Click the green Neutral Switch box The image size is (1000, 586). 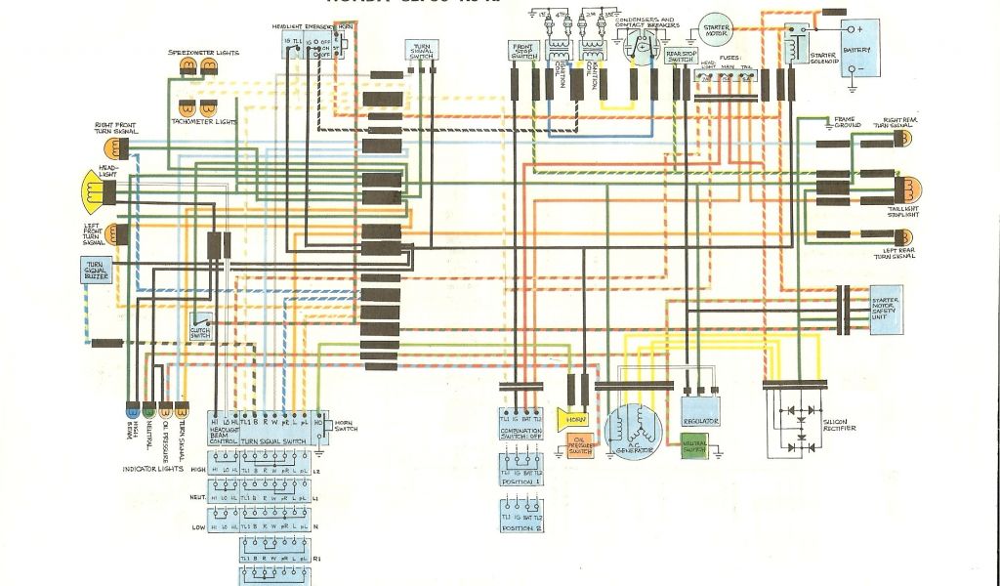tap(696, 447)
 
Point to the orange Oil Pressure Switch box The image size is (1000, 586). tap(579, 447)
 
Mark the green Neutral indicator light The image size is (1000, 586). tap(148, 411)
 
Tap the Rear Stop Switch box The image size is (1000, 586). tap(680, 56)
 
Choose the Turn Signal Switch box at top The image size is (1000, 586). tap(422, 52)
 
